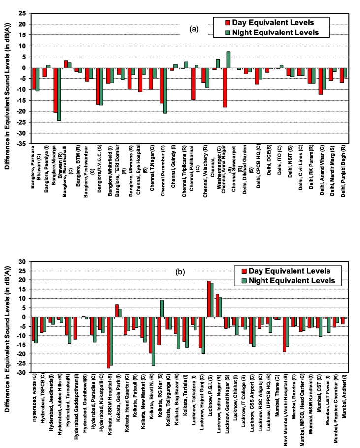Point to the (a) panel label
click(x=194, y=29)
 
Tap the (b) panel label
click(x=194, y=271)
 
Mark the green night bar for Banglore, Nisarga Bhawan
click(x=59, y=94)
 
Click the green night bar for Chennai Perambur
click(x=165, y=91)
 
